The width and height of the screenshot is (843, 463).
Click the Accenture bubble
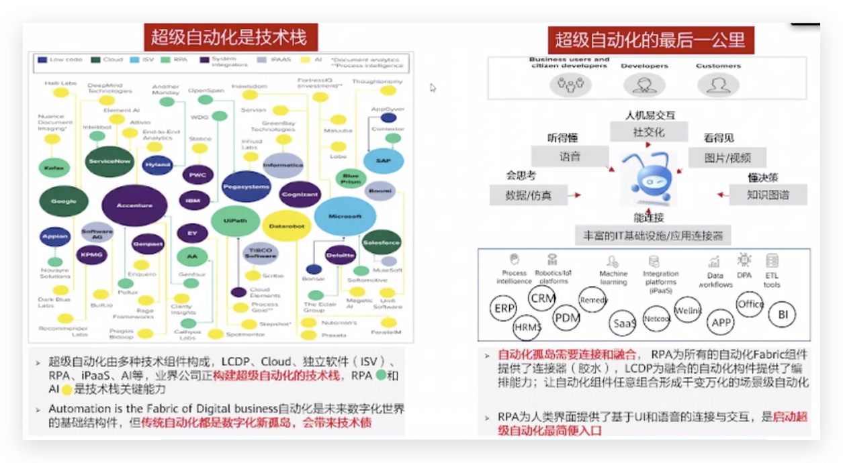pos(134,205)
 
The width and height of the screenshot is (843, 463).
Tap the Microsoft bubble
pos(345,216)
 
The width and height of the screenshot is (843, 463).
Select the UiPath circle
pos(234,221)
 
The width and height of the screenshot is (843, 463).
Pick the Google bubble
pos(64,201)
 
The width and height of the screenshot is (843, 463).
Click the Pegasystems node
pos(246,186)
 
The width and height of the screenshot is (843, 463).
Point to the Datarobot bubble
pos(287,226)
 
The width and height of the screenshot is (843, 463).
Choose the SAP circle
pos(383,161)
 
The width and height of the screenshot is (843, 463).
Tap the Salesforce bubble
pos(381,242)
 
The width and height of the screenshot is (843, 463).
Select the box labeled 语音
pos(570,157)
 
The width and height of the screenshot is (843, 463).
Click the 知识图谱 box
pos(768,195)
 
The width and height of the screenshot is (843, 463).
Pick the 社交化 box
pos(648,132)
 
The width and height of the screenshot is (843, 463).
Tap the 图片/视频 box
pos(727,158)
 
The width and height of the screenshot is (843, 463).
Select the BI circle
pos(782,314)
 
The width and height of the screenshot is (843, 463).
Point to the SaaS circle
pos(624,323)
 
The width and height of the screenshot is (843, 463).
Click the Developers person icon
pos(644,84)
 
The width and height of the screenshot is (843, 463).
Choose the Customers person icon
pos(718,84)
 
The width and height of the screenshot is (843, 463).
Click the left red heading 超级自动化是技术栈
pos(228,37)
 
